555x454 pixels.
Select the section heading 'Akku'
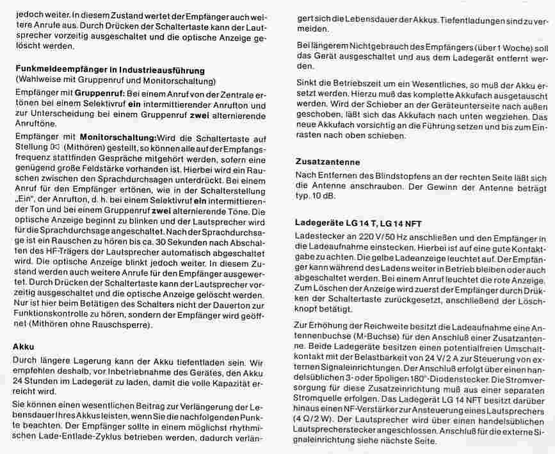24,346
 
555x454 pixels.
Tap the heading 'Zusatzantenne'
327,162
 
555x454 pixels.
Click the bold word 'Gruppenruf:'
99,93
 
